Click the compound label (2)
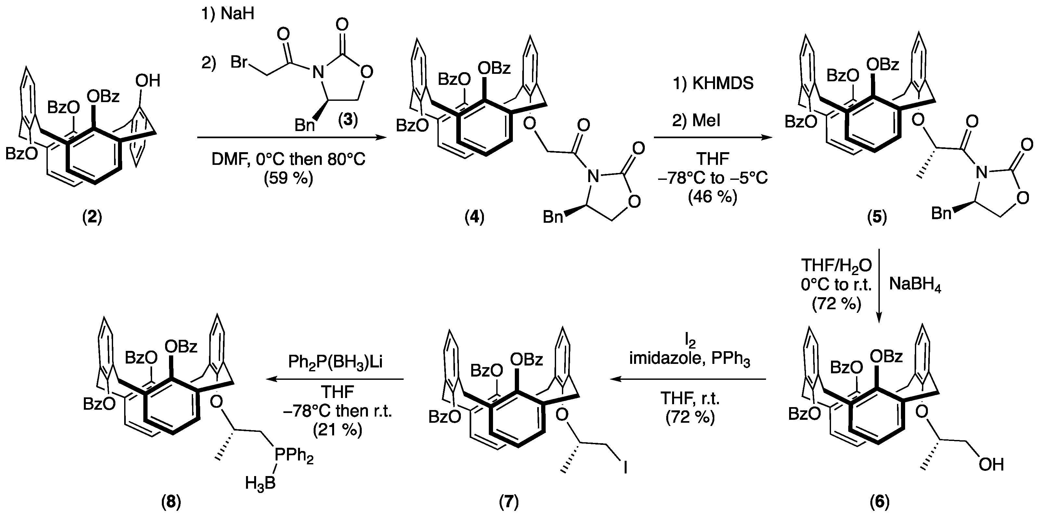(x=92, y=218)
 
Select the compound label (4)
(x=474, y=218)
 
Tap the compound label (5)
(x=877, y=218)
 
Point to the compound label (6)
(x=879, y=502)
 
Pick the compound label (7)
(x=509, y=502)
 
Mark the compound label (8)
(x=171, y=502)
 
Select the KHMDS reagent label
(x=723, y=83)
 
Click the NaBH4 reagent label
(x=915, y=285)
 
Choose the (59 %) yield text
(x=288, y=178)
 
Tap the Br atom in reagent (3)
(x=240, y=63)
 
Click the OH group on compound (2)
(x=148, y=81)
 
